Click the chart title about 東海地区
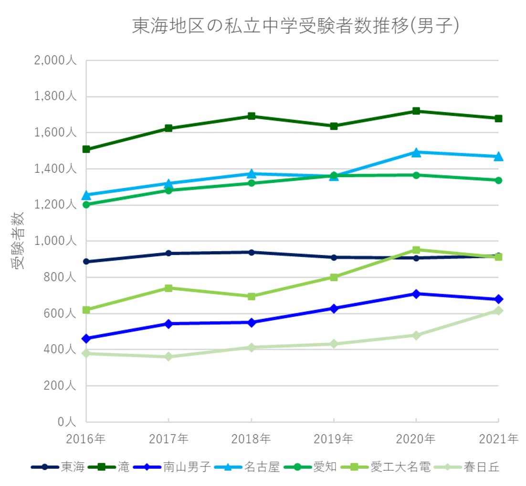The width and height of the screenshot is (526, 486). coord(295,26)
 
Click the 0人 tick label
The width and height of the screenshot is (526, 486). coord(67,422)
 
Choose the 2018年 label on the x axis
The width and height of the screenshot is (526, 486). coord(251,438)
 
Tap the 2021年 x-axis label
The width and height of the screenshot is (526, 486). coord(498,438)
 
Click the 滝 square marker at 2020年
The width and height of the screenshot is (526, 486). coord(416,111)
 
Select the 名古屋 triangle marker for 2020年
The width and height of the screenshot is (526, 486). coord(416,152)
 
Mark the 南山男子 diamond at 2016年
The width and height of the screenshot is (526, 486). coord(86,338)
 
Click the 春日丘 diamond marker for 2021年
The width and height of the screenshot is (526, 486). coord(498,311)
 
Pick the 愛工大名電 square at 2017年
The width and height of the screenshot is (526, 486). coord(168,288)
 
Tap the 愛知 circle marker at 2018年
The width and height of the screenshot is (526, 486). coord(251,183)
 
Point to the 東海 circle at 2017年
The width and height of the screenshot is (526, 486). coord(168,253)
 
